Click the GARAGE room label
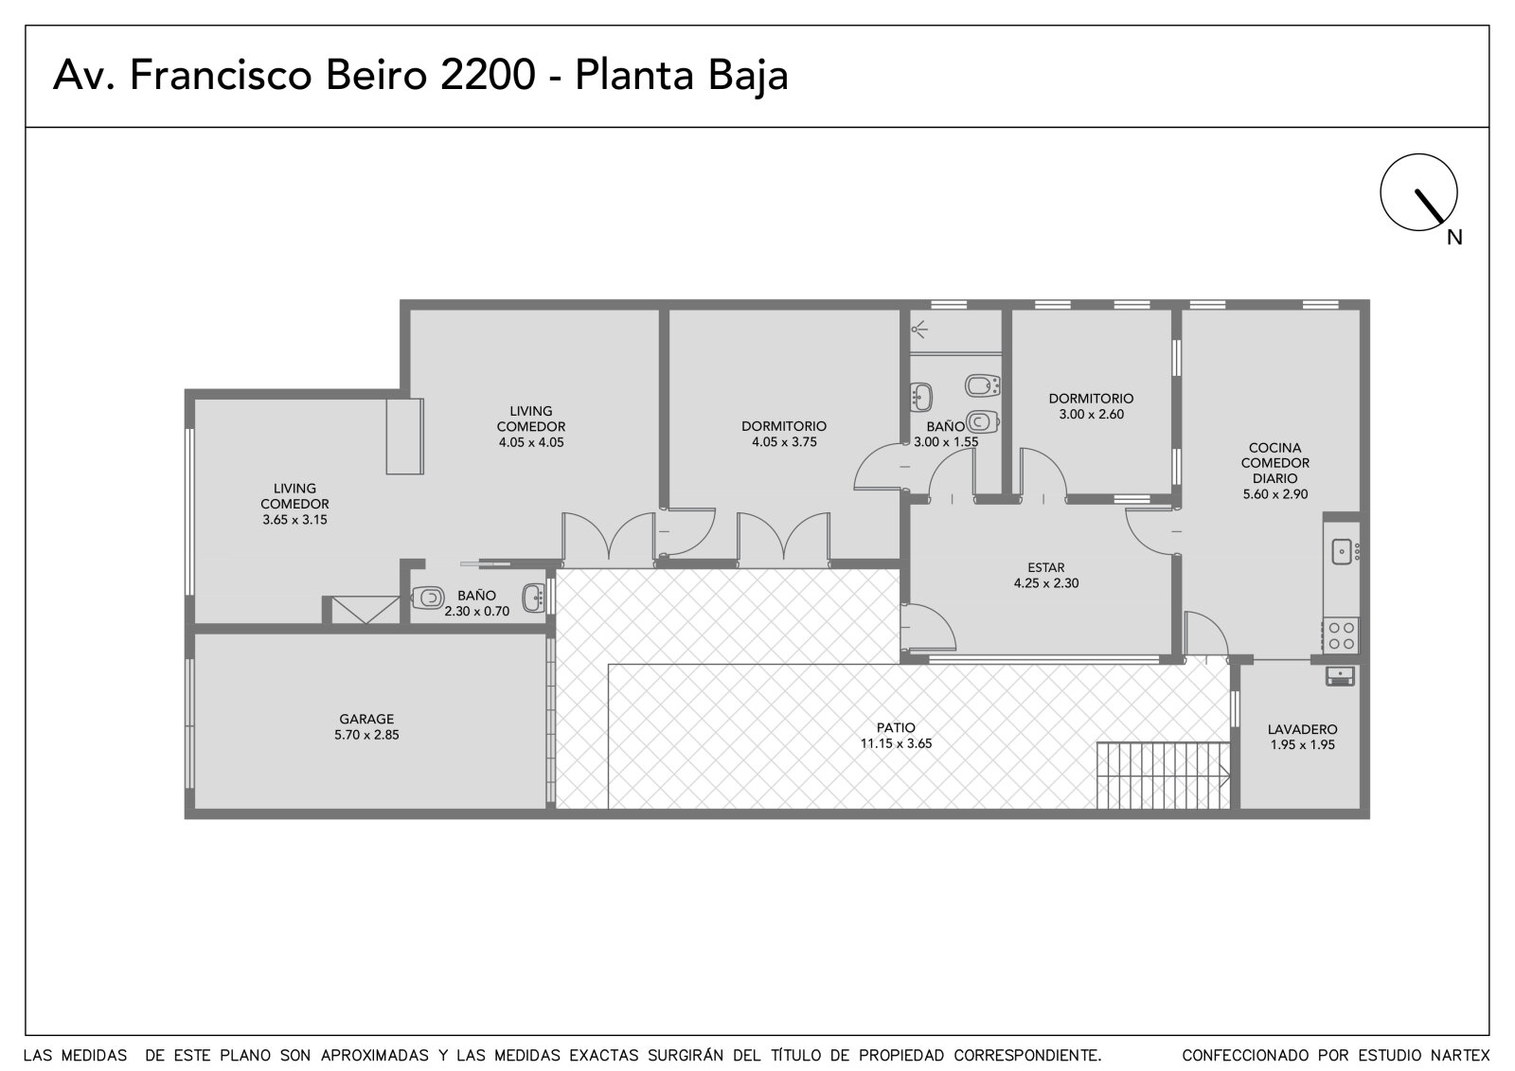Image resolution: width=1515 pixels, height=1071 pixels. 365,719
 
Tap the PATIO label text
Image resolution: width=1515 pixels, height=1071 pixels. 896,728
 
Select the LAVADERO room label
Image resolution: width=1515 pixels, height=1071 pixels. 1302,729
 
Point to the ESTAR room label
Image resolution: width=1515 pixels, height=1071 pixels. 1045,567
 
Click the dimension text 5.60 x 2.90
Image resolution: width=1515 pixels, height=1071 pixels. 1274,494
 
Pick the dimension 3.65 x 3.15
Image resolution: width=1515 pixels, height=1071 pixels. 294,520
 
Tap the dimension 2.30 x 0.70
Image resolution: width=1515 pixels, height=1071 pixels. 477,611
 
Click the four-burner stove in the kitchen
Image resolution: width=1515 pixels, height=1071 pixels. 1340,635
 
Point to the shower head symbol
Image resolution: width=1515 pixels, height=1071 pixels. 918,330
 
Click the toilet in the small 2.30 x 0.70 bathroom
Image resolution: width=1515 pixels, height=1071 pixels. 427,598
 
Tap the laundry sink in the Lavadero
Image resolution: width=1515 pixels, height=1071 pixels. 1340,676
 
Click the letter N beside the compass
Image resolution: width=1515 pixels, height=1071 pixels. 1454,238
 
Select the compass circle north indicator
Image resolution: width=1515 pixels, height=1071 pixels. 1418,192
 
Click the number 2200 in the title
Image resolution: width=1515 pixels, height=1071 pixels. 488,75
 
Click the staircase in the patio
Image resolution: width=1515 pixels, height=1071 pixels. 1163,776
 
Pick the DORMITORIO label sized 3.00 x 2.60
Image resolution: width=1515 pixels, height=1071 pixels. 1091,399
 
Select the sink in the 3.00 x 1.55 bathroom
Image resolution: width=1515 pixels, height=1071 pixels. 920,397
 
